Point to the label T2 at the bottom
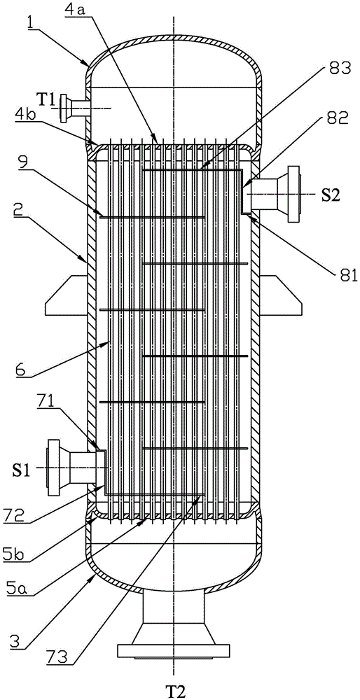[x=174, y=691]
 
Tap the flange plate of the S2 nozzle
[x=295, y=195]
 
